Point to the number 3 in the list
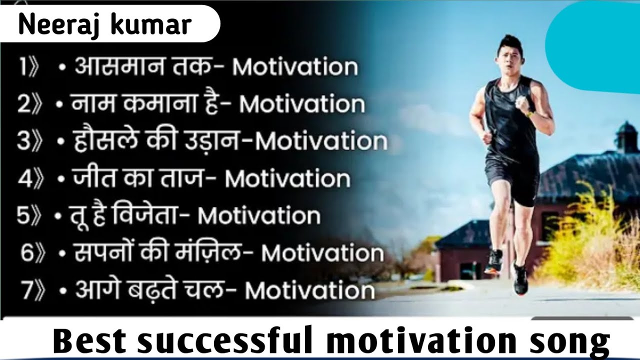click(x=23, y=141)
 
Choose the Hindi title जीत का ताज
click(x=138, y=178)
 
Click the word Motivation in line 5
click(x=259, y=215)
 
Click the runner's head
click(x=508, y=52)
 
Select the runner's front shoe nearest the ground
click(x=520, y=280)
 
